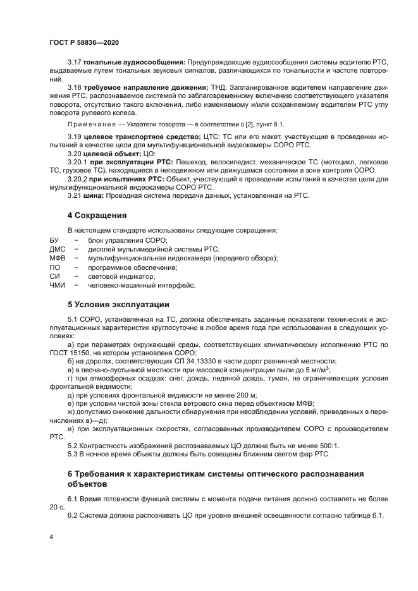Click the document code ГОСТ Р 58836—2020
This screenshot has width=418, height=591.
(x=84, y=42)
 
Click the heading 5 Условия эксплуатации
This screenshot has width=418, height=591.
(x=118, y=303)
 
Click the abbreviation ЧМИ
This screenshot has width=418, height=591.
(x=57, y=285)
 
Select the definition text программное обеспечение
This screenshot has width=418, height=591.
(x=124, y=267)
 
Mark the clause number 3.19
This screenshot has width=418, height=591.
(x=75, y=137)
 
